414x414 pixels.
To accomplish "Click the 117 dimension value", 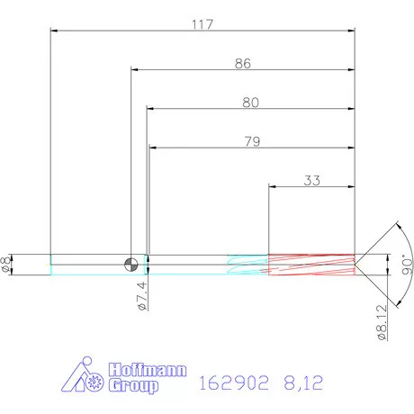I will point(202,24).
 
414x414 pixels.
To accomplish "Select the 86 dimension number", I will point(241,64).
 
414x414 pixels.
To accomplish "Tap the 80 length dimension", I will point(250,103).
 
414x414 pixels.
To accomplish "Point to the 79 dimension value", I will point(251,141).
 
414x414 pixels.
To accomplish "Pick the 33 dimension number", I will point(311,180).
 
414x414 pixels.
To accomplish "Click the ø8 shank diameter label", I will point(8,263).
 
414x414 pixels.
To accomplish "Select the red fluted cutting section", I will point(310,263).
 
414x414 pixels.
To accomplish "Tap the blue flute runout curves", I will point(247,263).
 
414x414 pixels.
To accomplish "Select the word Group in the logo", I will point(132,386).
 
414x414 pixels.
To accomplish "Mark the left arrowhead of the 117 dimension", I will point(54,32).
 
